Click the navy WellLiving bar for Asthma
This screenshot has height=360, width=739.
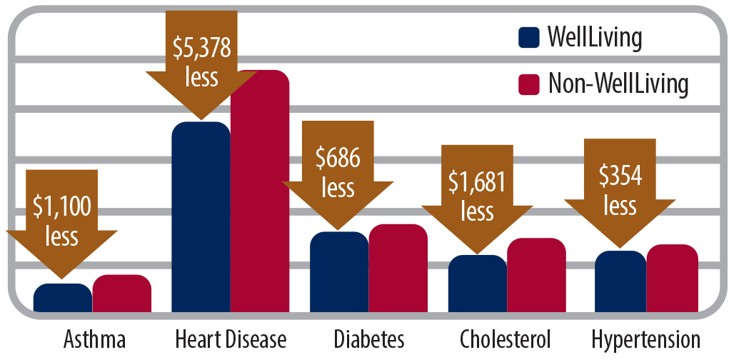[62, 297]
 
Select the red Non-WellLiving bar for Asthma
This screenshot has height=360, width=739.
[122, 294]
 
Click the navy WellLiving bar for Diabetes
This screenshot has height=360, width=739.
[339, 272]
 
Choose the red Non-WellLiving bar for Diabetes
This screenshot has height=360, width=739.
[398, 268]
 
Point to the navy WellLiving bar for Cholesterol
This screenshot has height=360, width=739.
[477, 284]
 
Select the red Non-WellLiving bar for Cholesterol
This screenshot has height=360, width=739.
[536, 275]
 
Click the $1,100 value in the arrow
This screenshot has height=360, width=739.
[62, 207]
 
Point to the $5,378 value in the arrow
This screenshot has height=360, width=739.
[201, 49]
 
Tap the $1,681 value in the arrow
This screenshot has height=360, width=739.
[477, 184]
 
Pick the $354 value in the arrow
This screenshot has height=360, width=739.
[620, 177]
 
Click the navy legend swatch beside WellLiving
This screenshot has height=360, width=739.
[528, 38]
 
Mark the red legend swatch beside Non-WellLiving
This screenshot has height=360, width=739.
[528, 84]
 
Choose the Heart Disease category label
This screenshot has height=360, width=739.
[230, 338]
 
